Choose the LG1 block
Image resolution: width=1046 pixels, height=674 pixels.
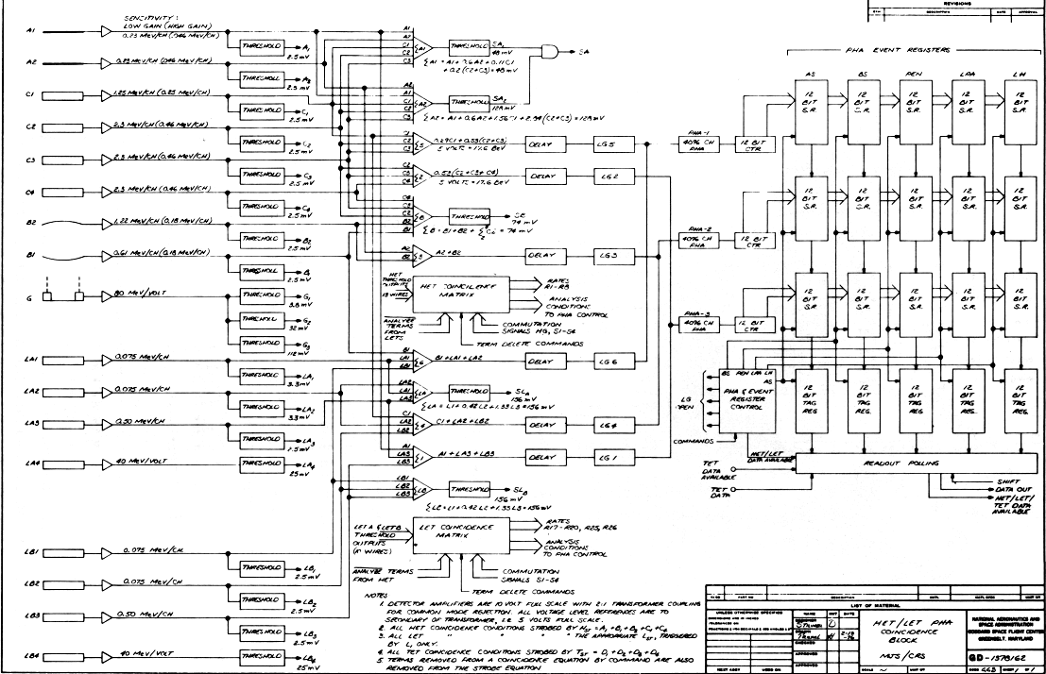pos(609,457)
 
